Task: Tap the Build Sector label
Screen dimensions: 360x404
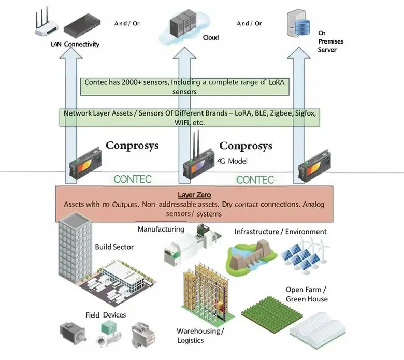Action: pyautogui.click(x=114, y=247)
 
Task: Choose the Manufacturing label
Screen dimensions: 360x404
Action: pyautogui.click(x=161, y=229)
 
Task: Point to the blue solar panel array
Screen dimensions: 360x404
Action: pyautogui.click(x=300, y=259)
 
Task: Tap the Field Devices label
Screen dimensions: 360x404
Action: pyautogui.click(x=106, y=315)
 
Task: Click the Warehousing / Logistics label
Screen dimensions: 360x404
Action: pyautogui.click(x=200, y=336)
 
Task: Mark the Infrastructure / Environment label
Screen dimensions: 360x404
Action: pyautogui.click(x=280, y=232)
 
